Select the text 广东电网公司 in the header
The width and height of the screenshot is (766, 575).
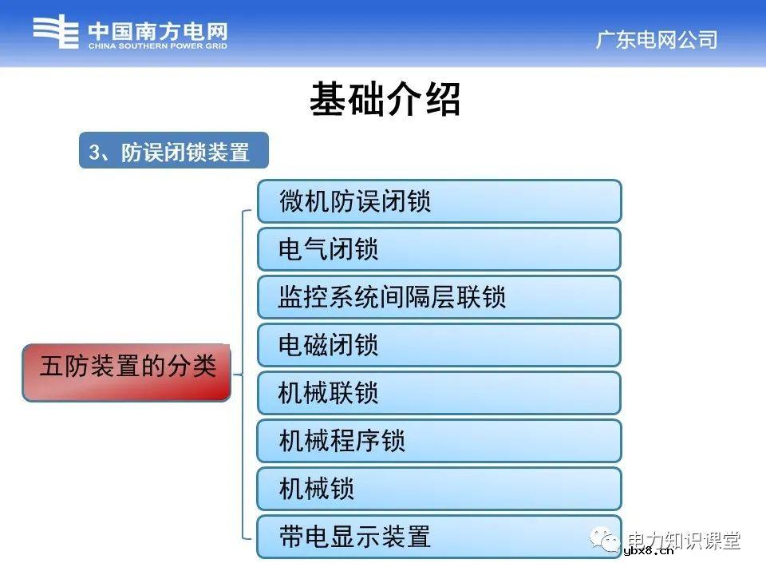click(656, 39)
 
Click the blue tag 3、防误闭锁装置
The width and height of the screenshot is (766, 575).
click(173, 151)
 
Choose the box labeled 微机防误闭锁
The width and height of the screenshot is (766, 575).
click(438, 201)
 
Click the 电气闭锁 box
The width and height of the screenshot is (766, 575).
click(438, 249)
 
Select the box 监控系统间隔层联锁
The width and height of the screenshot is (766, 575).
click(438, 297)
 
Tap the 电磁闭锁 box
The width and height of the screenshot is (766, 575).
click(438, 345)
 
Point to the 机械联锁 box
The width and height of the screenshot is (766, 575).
click(438, 393)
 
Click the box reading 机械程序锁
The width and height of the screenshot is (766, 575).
click(438, 441)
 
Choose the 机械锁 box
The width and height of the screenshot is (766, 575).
click(438, 489)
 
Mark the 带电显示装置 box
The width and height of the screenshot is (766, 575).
click(438, 537)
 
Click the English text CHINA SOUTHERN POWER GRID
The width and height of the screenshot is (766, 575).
click(157, 46)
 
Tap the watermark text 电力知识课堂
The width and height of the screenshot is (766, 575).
click(685, 539)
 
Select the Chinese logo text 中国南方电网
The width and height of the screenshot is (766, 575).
click(157, 30)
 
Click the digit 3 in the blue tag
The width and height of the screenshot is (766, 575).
click(94, 152)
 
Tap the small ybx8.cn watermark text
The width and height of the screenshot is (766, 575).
click(648, 550)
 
